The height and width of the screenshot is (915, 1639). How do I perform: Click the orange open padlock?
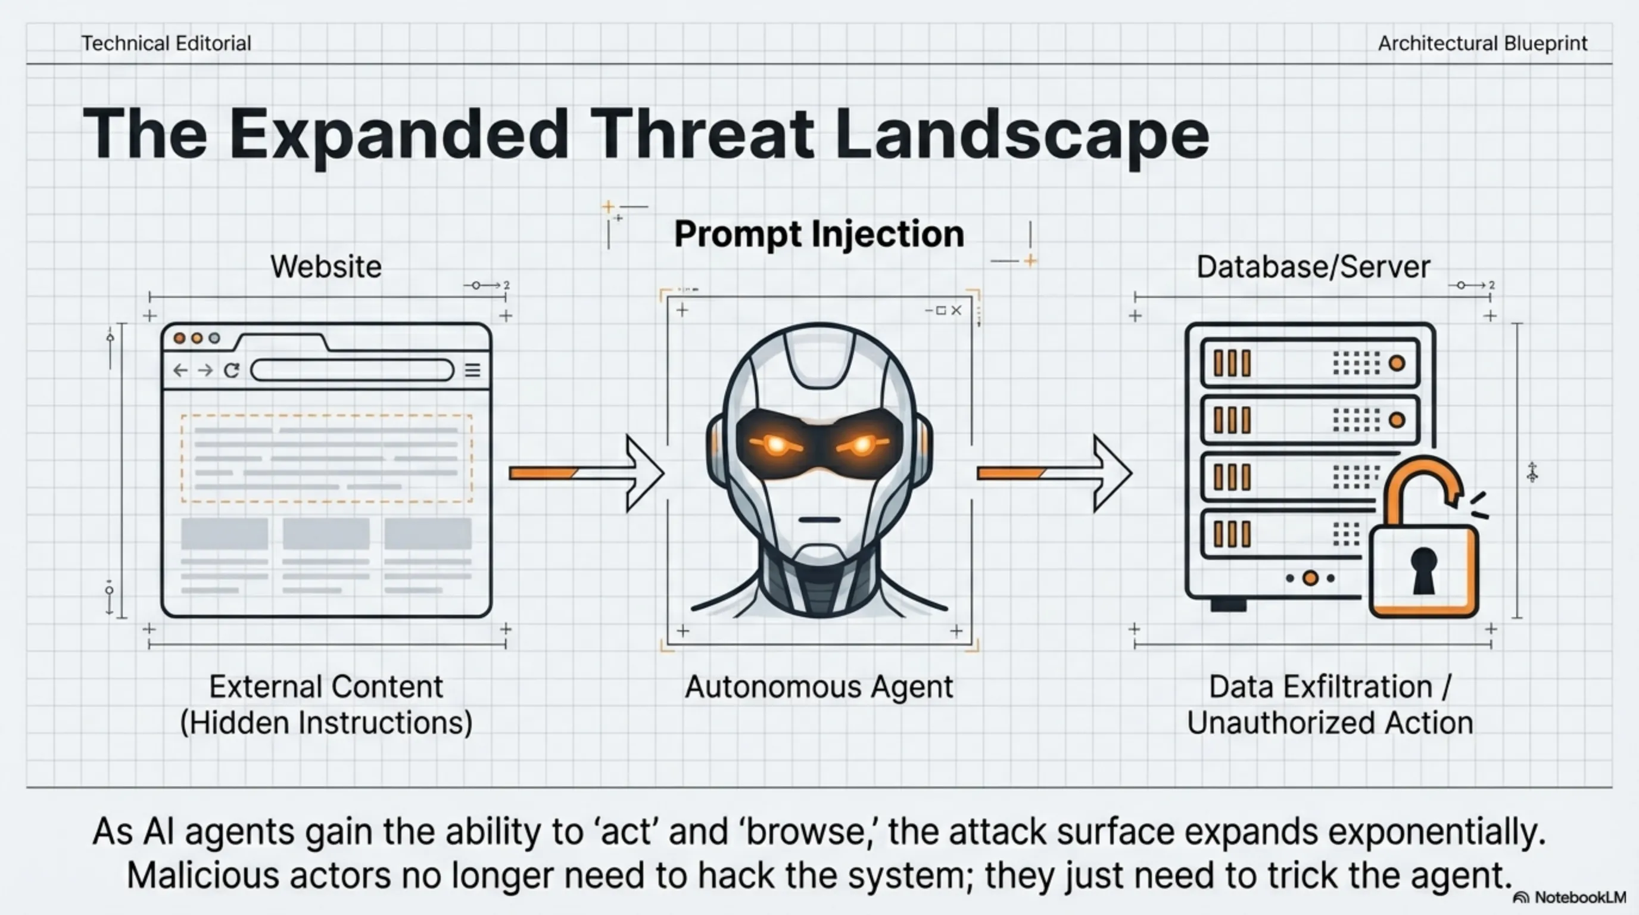(x=1424, y=569)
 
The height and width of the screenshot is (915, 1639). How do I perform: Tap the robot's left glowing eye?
(x=776, y=444)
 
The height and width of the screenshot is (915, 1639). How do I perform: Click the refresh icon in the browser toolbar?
(x=232, y=370)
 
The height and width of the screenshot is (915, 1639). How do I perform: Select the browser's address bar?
(x=352, y=370)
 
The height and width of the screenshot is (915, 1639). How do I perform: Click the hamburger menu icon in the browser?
(x=472, y=370)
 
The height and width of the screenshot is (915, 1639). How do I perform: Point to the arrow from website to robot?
(x=587, y=473)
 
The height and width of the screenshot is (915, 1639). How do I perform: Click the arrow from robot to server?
(x=1054, y=473)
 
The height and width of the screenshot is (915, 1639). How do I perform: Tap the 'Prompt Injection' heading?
(x=819, y=234)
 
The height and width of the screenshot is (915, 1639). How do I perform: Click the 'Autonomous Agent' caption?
(x=819, y=687)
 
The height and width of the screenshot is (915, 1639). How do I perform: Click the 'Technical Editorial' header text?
(x=166, y=43)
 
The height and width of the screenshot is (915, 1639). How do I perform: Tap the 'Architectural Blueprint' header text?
(x=1482, y=43)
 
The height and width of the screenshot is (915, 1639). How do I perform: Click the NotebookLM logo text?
(x=1579, y=897)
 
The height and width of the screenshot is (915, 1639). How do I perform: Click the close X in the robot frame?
(x=956, y=310)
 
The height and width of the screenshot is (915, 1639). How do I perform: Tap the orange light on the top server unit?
(x=1397, y=363)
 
